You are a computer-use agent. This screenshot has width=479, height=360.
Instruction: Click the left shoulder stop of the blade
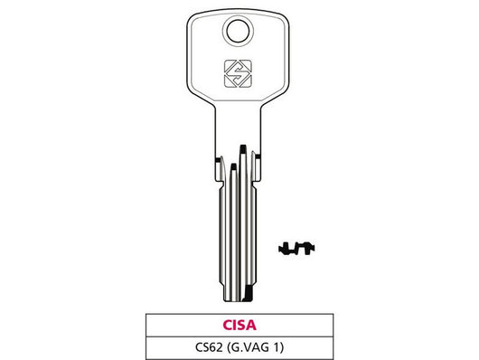pyautogui.click(x=219, y=164)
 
